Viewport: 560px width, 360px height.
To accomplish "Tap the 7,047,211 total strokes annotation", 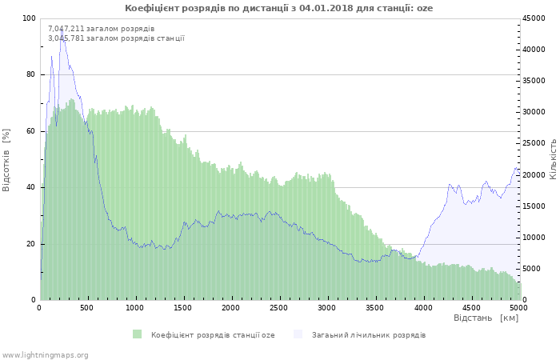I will tap(101, 29).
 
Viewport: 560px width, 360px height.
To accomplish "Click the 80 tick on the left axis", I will tap(31, 74).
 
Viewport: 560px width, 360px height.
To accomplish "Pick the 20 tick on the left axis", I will tap(31, 244).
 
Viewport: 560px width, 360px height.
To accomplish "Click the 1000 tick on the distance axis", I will tap(135, 307).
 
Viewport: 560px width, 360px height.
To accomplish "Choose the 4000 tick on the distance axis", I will tap(422, 307).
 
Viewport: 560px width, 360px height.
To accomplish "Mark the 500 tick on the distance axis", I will tap(87, 307).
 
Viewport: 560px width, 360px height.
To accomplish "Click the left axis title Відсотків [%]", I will tap(7, 159).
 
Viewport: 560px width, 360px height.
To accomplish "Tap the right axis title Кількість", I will tap(553, 158).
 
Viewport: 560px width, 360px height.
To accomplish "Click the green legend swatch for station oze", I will tap(138, 334).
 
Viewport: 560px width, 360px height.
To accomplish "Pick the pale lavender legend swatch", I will tap(298, 334).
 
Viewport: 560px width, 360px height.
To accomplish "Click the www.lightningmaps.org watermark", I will tap(45, 354).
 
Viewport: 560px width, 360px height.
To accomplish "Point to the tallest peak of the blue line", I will tap(62, 29).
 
